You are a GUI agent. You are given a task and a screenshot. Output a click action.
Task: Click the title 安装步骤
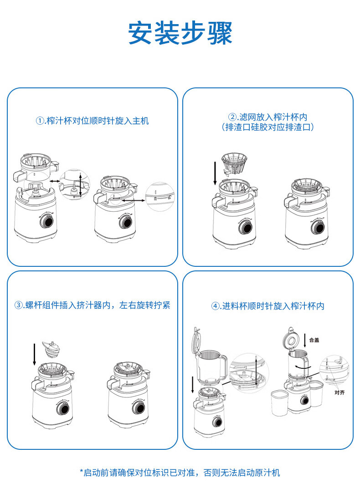180,33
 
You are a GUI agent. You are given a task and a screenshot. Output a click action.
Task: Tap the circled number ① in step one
40,121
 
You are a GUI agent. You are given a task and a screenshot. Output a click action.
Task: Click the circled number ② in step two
232,117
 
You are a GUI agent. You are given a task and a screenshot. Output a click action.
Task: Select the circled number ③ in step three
19,305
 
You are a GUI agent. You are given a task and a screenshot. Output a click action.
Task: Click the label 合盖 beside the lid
314,340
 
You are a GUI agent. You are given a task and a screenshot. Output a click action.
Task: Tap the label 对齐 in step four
339,392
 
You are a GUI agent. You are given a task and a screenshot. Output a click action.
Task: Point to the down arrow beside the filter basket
215,173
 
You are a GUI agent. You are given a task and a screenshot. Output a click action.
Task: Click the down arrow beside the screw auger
35,355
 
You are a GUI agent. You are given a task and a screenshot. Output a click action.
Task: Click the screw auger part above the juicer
51,349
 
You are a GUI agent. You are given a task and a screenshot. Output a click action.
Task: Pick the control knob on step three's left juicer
63,408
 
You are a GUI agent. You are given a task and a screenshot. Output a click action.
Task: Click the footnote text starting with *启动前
180,473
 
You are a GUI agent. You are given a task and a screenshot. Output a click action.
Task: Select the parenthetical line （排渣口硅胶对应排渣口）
267,127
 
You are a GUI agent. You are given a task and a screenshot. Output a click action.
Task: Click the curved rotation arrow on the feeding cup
303,367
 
